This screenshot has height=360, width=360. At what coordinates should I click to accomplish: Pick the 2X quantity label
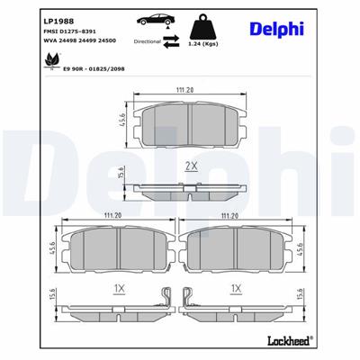pos(191,166)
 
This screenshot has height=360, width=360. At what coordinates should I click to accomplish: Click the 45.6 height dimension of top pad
pos(122,120)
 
